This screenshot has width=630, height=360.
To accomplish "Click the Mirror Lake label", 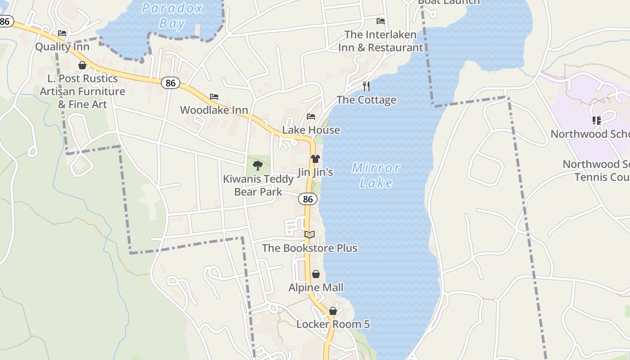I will (376, 175).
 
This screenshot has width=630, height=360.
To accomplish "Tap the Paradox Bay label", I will (172, 15).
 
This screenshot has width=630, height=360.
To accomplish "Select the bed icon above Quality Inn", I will (62, 33).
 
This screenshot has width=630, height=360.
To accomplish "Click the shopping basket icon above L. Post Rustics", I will (82, 65).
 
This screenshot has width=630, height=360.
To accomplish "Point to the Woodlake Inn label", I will (214, 110).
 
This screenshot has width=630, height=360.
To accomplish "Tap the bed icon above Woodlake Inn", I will (214, 97).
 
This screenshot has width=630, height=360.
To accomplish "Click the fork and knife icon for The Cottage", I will (366, 86).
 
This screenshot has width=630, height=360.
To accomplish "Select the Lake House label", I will (311, 130).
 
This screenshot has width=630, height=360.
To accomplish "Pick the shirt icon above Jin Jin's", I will (315, 159).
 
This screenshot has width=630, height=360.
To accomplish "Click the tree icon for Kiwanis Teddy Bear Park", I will (258, 166).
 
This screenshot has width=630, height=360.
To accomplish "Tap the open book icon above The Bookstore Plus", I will (309, 234).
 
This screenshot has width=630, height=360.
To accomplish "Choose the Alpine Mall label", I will (316, 288).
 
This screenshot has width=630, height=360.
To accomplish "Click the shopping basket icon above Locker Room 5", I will (333, 311).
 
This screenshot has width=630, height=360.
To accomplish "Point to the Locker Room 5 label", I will (333, 324).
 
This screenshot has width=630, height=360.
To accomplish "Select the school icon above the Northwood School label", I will (596, 120).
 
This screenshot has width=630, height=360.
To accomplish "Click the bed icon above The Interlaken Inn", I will (381, 21).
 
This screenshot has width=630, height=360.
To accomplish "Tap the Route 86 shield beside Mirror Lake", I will (307, 199).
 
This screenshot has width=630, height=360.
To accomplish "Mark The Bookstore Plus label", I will (310, 248).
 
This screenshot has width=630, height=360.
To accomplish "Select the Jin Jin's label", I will (315, 172).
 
